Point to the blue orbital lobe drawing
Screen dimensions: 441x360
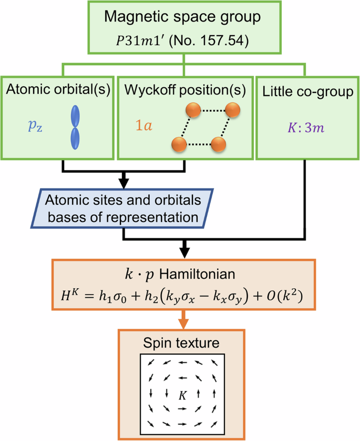[x=76, y=127]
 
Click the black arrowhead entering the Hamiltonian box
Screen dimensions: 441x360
[x=183, y=247]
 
